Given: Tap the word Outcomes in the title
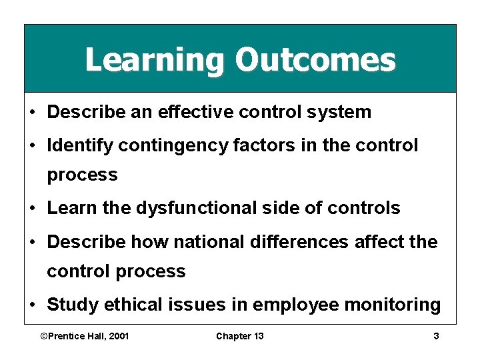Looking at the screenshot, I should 315,60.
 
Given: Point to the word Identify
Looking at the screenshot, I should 78,145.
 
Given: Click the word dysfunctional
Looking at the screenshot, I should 213,209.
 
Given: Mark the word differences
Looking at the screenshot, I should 304,241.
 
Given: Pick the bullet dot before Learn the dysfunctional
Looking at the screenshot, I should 33,209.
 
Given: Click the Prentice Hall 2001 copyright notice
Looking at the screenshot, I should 85,336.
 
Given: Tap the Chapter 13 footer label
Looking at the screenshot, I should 239,336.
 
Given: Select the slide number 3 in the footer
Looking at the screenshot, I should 436,336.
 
